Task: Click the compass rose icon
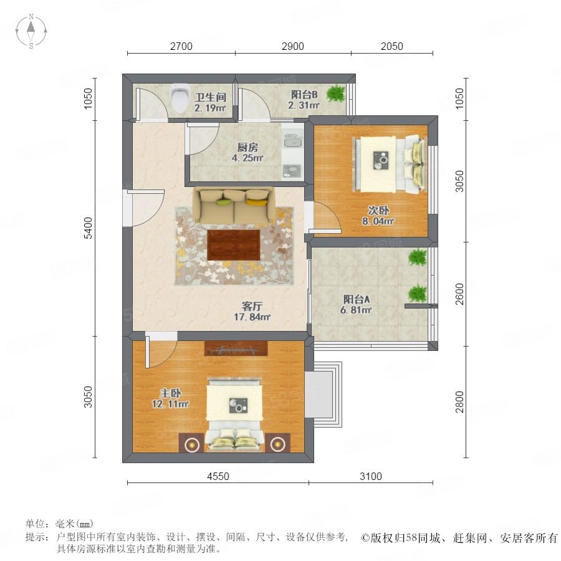point(31,31)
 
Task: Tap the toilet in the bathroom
point(180,98)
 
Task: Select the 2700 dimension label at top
point(181,46)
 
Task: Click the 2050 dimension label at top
point(392,46)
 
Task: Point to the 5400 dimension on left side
point(88,228)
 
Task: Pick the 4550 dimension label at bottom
point(218,476)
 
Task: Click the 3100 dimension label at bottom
point(371,476)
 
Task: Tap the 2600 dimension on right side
point(460,294)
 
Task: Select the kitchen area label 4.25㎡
point(247,158)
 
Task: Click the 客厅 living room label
point(252,306)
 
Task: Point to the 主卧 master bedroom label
point(170,393)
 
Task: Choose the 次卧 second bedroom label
point(378,210)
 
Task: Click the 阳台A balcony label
point(357,299)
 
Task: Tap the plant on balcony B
point(335,93)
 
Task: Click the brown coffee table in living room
point(234,245)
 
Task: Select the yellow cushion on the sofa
point(257,202)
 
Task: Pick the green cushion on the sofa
point(223,202)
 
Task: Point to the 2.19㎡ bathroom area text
point(210,108)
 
